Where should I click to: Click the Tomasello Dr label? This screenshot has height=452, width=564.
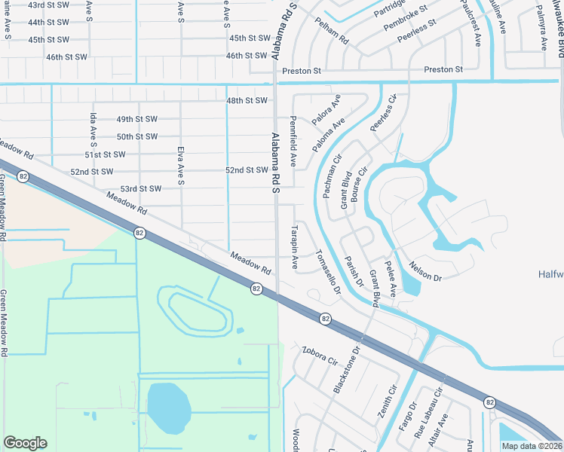(x=327, y=271)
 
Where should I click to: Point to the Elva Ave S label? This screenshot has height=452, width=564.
(x=181, y=165)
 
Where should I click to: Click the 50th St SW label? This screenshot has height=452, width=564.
(x=136, y=136)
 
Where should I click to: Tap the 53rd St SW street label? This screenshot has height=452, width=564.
(x=141, y=188)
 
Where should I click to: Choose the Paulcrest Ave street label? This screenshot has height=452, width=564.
(x=473, y=25)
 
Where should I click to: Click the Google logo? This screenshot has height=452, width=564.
(x=25, y=443)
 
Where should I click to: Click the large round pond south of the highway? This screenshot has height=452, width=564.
(x=168, y=408)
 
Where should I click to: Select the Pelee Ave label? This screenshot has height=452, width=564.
(x=392, y=279)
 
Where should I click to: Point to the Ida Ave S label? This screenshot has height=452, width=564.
(x=94, y=130)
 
